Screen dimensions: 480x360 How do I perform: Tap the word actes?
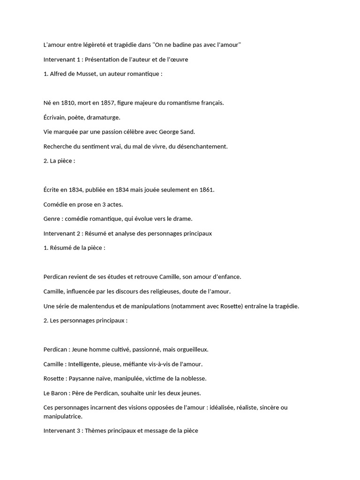(x=115, y=204)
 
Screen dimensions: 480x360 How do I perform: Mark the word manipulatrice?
(x=63, y=416)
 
